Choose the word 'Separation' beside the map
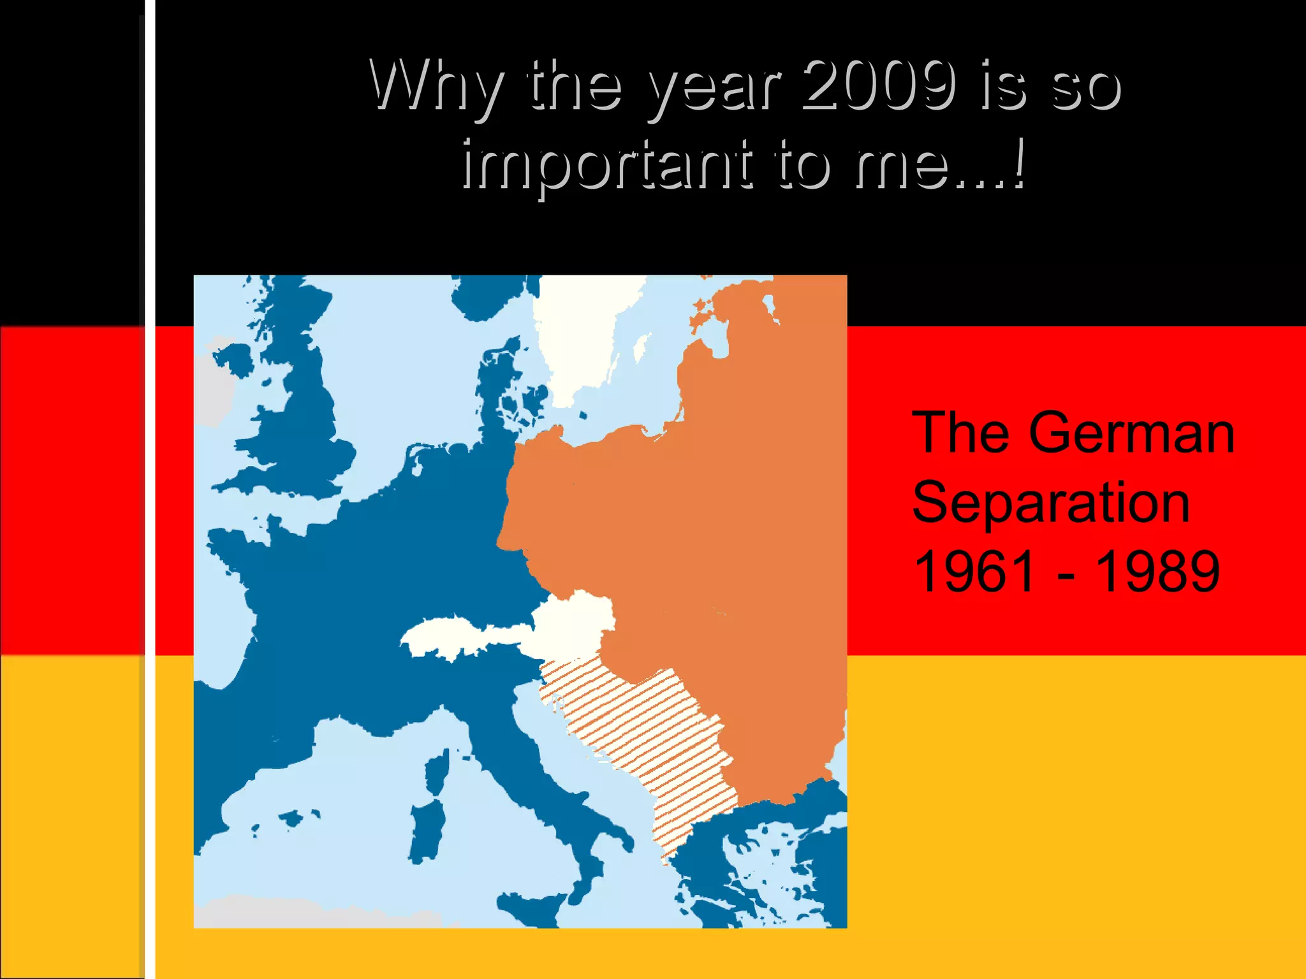pos(1051,502)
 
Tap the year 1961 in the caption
pos(974,571)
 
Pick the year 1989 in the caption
pos(1157,571)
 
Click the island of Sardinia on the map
pos(426,829)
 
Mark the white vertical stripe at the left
pos(150,489)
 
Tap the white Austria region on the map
pos(574,618)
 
